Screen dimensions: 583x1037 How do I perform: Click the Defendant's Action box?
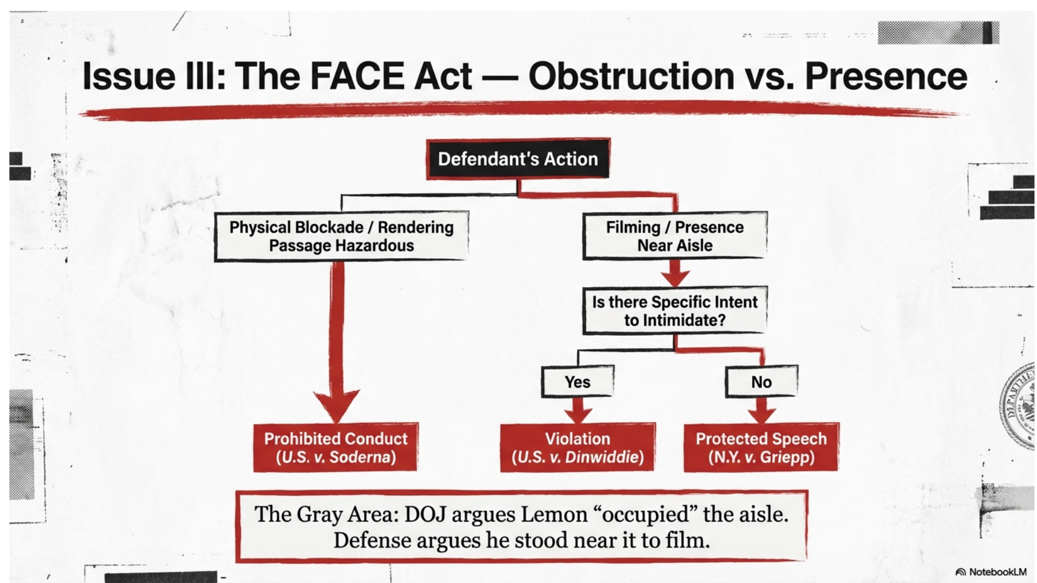[x=518, y=159]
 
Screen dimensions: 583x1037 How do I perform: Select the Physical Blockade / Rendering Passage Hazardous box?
[x=341, y=236]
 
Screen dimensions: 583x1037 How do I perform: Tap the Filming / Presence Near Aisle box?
[x=674, y=236]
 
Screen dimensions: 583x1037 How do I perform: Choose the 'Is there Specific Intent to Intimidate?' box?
[x=674, y=311]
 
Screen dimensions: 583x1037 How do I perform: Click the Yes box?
[x=577, y=382]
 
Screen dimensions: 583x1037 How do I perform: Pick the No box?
[x=761, y=382]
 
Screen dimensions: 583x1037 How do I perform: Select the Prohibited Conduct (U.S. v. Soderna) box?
[x=336, y=448]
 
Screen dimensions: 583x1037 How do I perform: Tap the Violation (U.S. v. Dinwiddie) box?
[x=577, y=448]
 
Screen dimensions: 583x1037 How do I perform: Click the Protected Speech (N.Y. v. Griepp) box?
[x=761, y=448]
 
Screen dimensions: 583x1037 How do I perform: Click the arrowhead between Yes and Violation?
[x=578, y=413]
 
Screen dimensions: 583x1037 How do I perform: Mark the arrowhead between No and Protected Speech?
[x=762, y=413]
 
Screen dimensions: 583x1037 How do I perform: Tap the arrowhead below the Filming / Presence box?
[x=675, y=277]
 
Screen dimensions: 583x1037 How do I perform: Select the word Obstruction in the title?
[x=631, y=77]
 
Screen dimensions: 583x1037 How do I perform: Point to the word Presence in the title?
[x=886, y=77]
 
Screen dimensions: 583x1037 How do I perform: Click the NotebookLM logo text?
[x=997, y=572]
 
